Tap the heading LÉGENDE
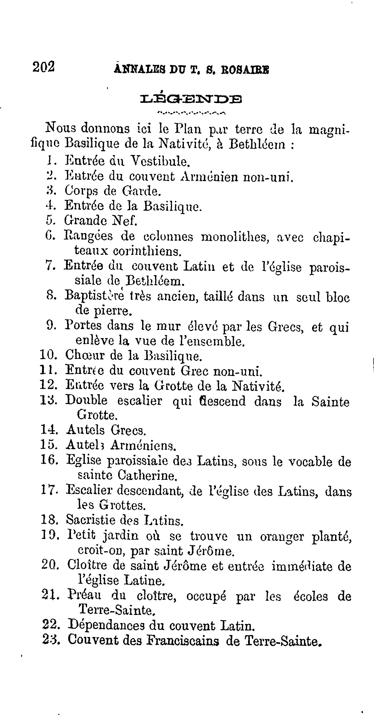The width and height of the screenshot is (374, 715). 191,99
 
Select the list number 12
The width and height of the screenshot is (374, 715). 48,385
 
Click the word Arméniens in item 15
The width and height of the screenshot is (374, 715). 143,445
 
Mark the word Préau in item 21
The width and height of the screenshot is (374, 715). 84,596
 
